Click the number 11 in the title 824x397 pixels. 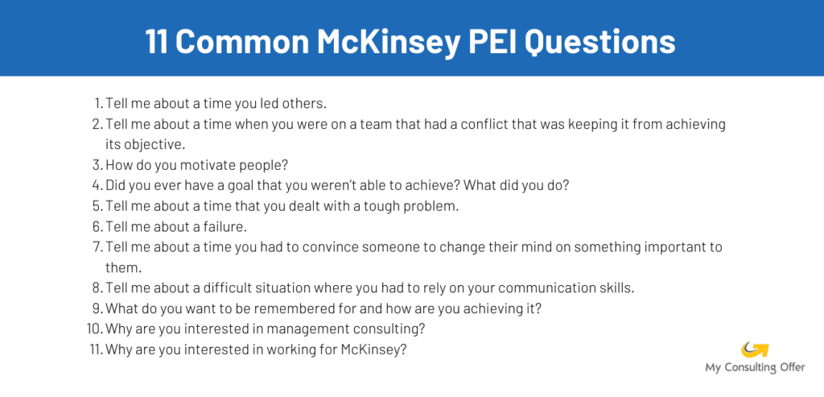pos(158,41)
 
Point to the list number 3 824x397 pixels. pos(98,164)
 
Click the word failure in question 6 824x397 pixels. pos(223,226)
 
